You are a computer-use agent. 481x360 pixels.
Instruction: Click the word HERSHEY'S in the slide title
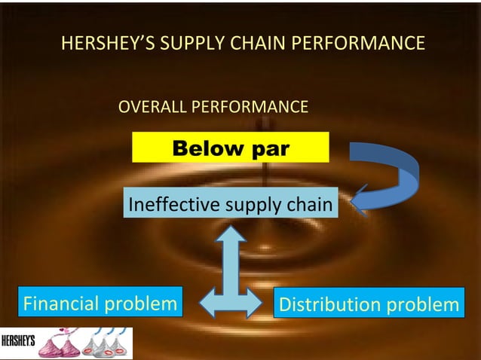point(104,44)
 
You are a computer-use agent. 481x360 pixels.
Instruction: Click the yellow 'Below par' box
point(231,148)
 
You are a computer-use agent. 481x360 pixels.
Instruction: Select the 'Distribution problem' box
point(367,304)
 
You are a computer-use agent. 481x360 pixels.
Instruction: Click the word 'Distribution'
point(330,304)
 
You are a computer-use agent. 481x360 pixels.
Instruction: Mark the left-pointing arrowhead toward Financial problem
point(198,304)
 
